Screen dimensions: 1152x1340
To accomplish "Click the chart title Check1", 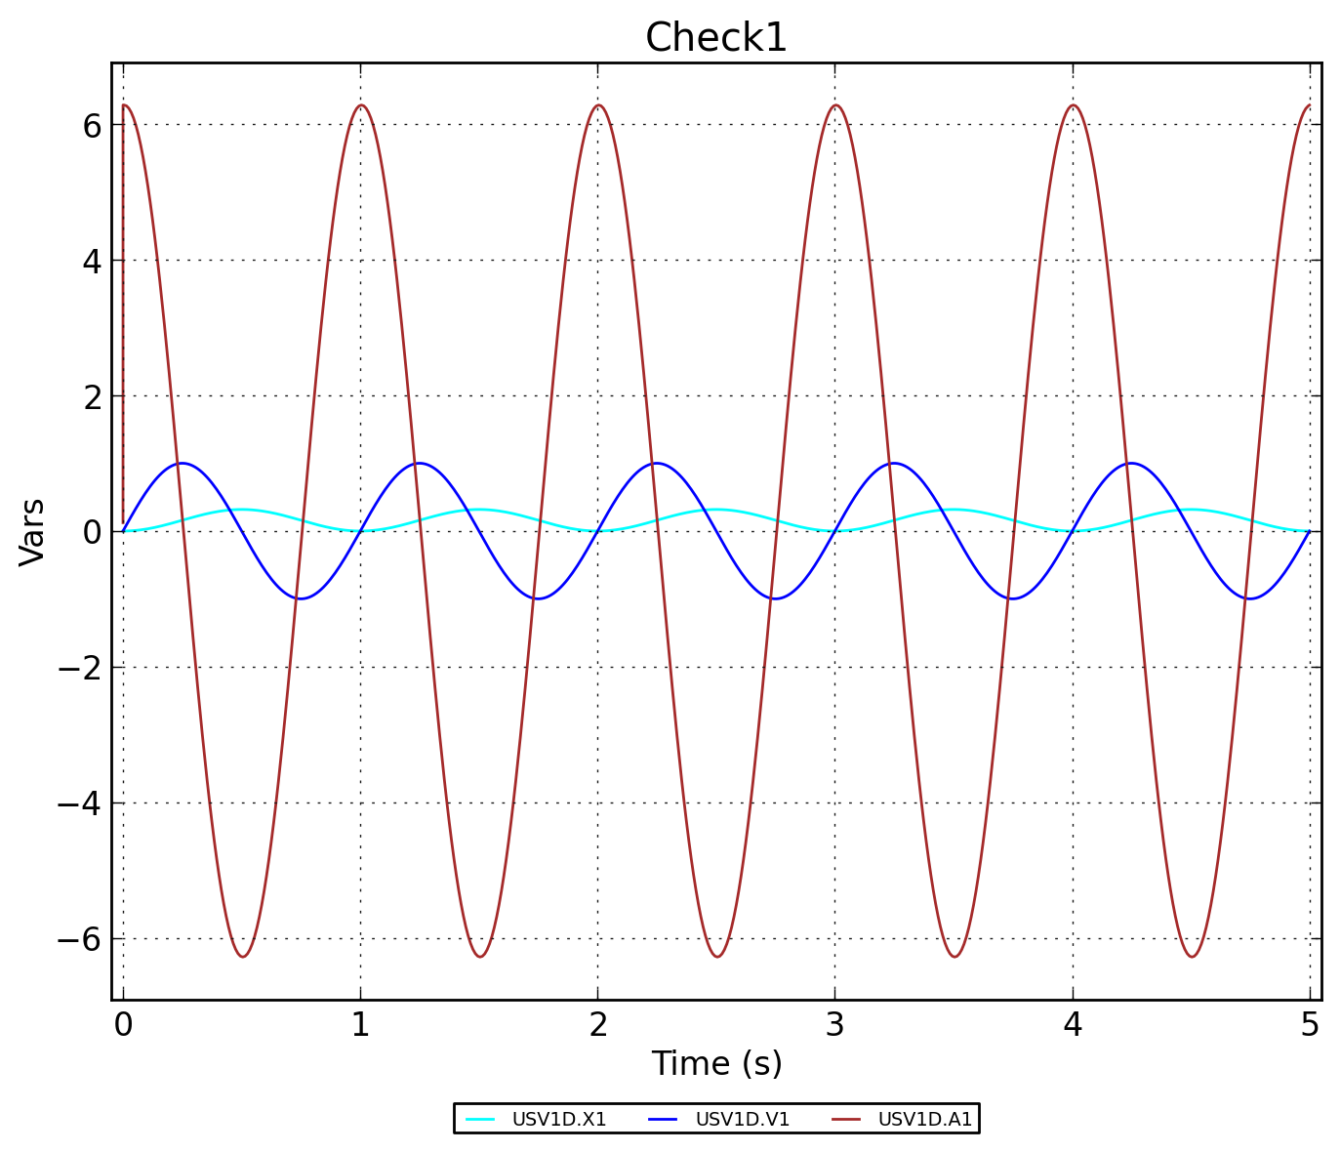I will [715, 38].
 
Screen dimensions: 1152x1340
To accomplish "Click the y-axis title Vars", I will [32, 532].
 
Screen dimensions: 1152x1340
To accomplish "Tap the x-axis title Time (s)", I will [716, 1063].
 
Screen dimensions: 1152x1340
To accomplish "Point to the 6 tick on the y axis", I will [92, 125].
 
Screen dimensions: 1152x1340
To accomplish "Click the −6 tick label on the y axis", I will [79, 939].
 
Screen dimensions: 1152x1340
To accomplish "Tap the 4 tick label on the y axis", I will [92, 261].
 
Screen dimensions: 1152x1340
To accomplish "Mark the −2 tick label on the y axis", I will [79, 668].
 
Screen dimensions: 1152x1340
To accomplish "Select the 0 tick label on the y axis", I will [92, 532].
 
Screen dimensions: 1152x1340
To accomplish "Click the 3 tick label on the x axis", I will [834, 1024].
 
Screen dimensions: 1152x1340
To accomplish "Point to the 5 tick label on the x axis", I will [1310, 1024].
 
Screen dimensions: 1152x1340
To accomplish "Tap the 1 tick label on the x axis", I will [360, 1024].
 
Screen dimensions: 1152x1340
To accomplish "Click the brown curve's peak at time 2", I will [597, 105].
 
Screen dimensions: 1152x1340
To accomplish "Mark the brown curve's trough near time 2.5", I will [716, 957].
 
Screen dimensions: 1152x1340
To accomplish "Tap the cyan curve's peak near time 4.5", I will [1191, 510].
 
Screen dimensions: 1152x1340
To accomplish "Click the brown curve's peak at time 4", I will [1073, 105].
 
